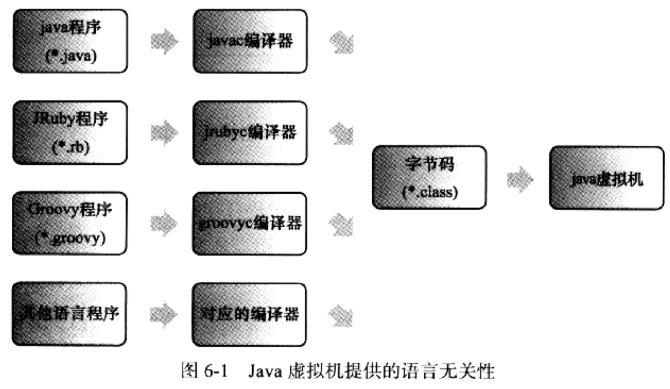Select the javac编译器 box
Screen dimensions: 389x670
point(249,41)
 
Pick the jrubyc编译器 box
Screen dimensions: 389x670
point(249,132)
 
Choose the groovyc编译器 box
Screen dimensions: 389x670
point(249,223)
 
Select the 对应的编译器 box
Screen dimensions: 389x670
point(249,313)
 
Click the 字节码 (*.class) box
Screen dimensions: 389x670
point(429,177)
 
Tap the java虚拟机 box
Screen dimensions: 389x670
point(606,178)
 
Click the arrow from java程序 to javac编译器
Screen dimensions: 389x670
point(164,42)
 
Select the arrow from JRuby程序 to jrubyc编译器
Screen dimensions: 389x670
point(164,133)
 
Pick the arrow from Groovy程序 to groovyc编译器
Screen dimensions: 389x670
point(164,223)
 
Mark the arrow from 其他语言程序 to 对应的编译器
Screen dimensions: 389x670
point(164,313)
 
